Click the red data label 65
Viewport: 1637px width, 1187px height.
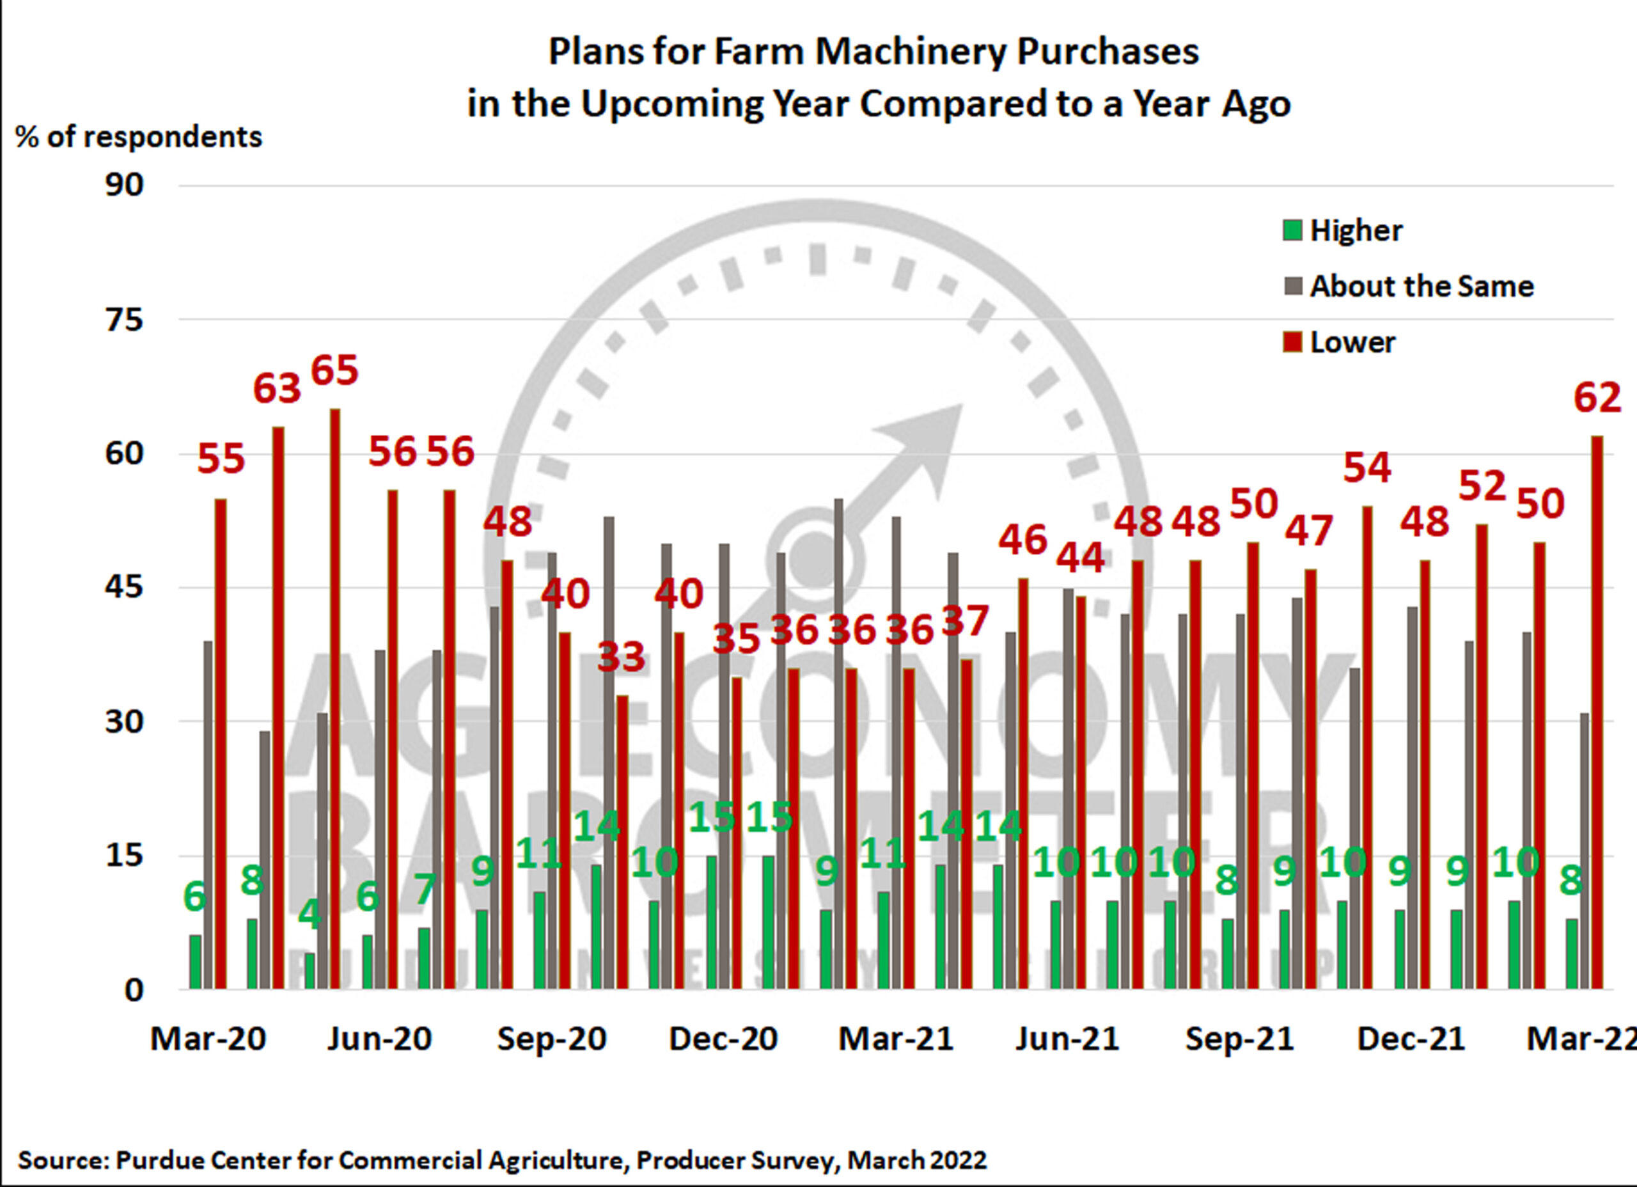pos(334,370)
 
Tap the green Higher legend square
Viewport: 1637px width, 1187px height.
pos(1292,231)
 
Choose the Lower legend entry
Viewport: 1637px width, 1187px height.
pos(1352,342)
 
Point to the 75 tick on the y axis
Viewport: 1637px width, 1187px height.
pos(125,319)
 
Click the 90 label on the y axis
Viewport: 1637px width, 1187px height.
pos(125,185)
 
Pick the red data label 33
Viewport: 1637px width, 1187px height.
pos(621,657)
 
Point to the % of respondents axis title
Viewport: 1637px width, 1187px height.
pos(139,136)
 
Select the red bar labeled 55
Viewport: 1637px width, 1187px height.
pos(221,744)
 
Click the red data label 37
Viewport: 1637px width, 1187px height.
pos(965,620)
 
